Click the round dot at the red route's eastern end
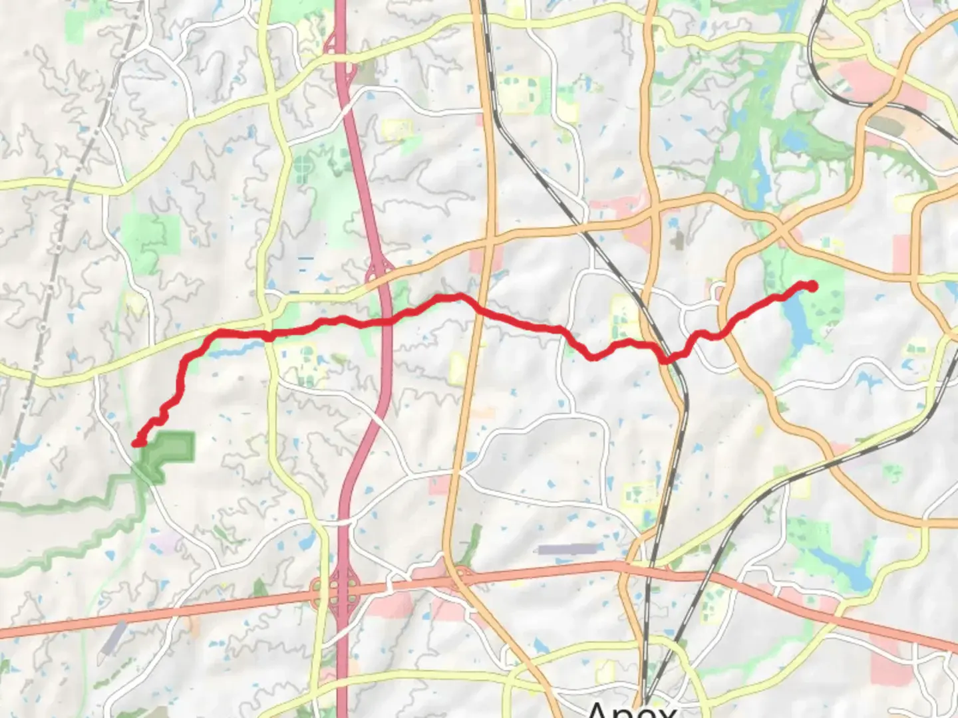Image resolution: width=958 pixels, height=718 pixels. (x=812, y=286)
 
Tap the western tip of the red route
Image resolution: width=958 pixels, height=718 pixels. (x=136, y=443)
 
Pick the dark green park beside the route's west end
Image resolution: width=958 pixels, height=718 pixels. (x=170, y=449)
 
